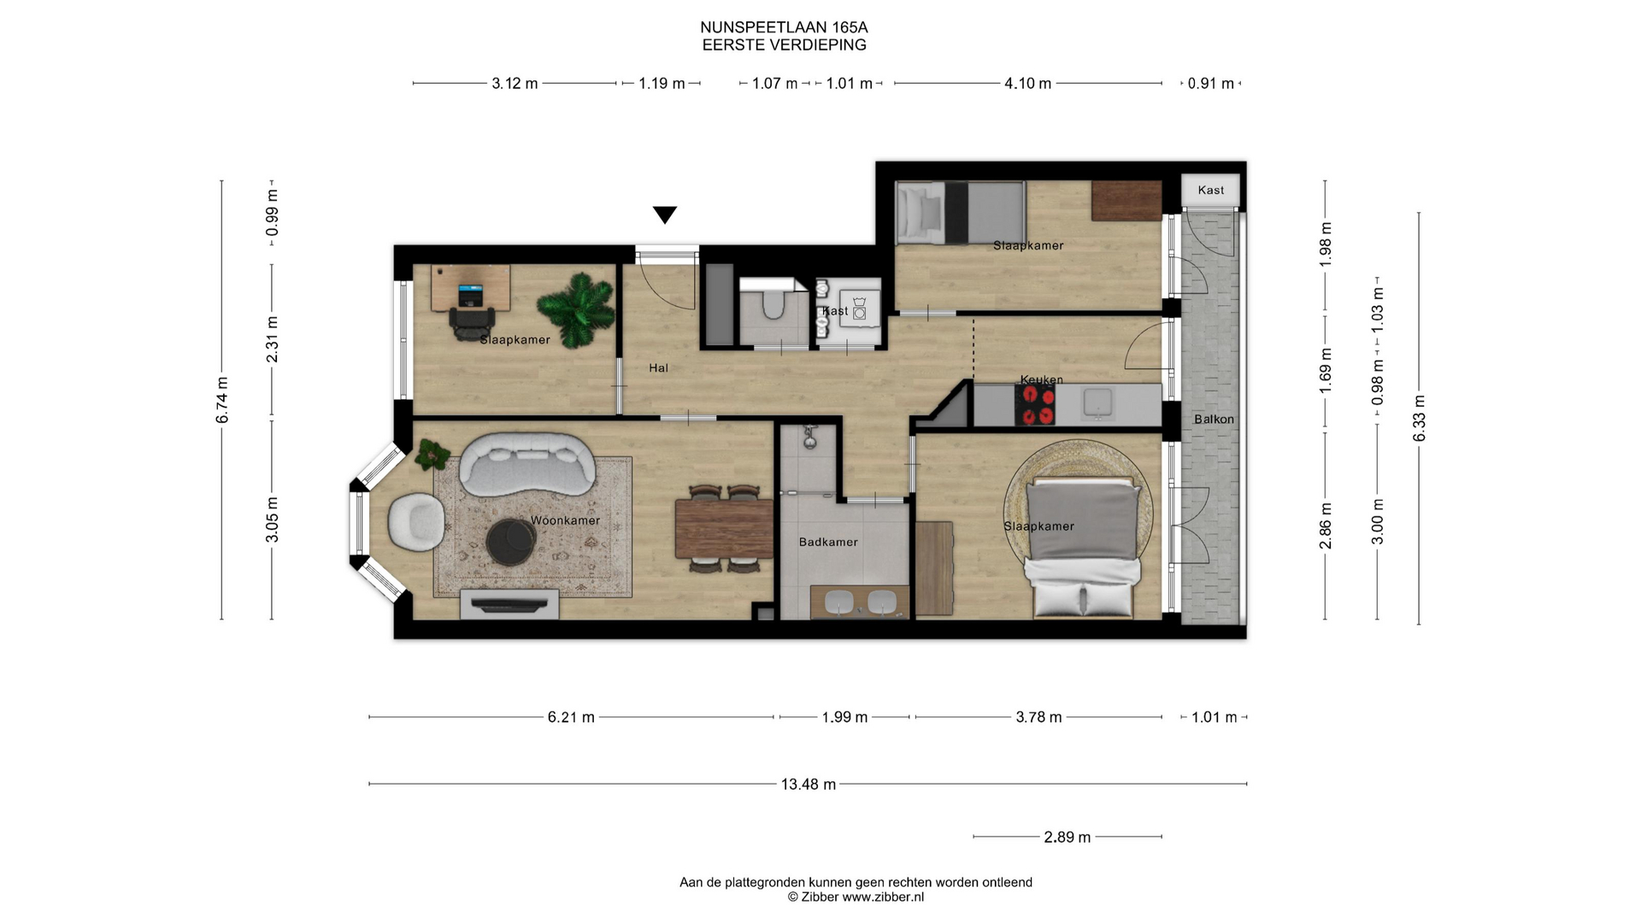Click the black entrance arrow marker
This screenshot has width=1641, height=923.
click(x=665, y=215)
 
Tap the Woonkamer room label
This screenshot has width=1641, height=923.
click(x=565, y=520)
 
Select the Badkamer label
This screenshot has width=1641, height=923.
click(x=828, y=542)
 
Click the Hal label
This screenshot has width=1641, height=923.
click(x=658, y=368)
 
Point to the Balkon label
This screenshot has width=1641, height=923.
click(x=1214, y=419)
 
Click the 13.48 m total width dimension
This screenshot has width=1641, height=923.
click(x=808, y=784)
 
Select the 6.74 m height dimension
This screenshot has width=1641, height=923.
click(x=222, y=400)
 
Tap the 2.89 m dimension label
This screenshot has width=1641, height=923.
click(x=1067, y=837)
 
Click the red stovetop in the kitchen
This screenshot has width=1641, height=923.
click(x=1035, y=405)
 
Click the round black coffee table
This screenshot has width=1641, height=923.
click(x=511, y=542)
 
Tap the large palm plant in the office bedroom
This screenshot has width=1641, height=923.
click(x=576, y=309)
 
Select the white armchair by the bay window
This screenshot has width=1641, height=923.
click(x=416, y=520)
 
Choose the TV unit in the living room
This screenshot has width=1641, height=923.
click(x=510, y=604)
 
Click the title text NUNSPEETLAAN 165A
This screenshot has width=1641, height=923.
click(x=784, y=28)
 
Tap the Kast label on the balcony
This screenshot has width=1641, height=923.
click(x=1210, y=191)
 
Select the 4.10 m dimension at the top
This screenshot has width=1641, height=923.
click(x=1027, y=84)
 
